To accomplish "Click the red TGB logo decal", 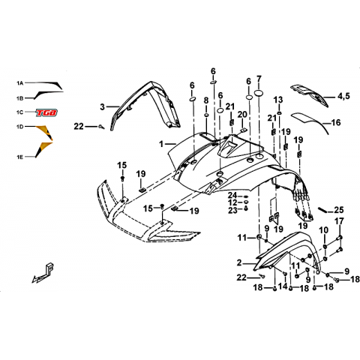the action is pyautogui.click(x=46, y=112).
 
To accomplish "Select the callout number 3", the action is pyautogui.click(x=102, y=107).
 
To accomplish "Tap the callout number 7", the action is pyautogui.click(x=259, y=79).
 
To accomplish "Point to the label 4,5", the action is pyautogui.click(x=344, y=96).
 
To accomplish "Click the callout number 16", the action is pyautogui.click(x=336, y=122).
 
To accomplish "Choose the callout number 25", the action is pyautogui.click(x=339, y=210).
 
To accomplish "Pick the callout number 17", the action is pyautogui.click(x=339, y=221).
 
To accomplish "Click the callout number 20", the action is pyautogui.click(x=242, y=115).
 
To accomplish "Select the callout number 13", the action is pyautogui.click(x=278, y=100).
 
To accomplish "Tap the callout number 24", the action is pyautogui.click(x=232, y=195).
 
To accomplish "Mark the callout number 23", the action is pyautogui.click(x=232, y=210).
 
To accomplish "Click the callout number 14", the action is pyautogui.click(x=283, y=286).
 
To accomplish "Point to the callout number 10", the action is pyautogui.click(x=324, y=230).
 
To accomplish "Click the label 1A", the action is pyautogui.click(x=20, y=83).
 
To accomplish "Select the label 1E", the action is pyautogui.click(x=20, y=157).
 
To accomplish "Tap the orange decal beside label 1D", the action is pyautogui.click(x=45, y=133).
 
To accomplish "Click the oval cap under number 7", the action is pyautogui.click(x=259, y=93).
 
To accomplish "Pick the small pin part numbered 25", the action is pyautogui.click(x=322, y=209).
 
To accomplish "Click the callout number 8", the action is pyautogui.click(x=206, y=100).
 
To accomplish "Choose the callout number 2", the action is pyautogui.click(x=239, y=263).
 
